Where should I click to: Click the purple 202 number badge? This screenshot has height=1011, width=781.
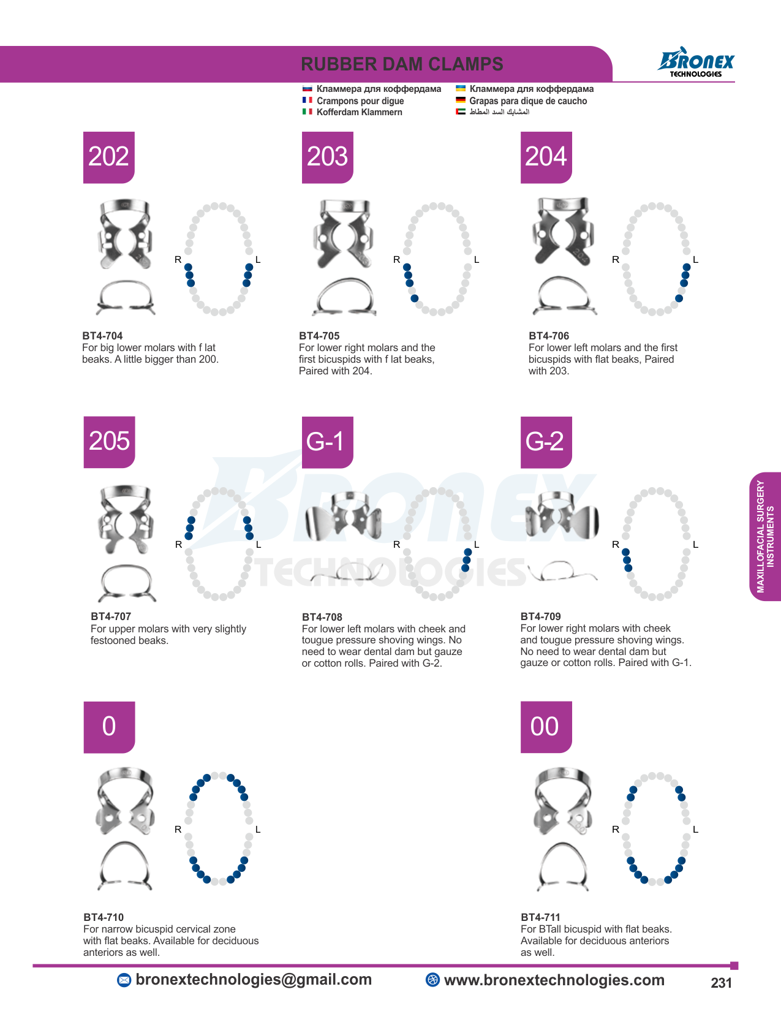pos(109,157)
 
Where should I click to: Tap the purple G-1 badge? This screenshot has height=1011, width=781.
pos(328,442)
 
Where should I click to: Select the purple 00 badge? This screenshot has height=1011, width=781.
pos(546,727)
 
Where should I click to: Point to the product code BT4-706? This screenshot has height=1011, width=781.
pos(549,335)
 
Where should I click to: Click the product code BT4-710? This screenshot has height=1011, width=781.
pos(104,917)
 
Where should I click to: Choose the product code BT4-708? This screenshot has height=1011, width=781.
pos(322,617)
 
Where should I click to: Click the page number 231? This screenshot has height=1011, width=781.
pos(721,983)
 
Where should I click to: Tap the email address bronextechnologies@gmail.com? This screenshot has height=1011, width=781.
pos(254,979)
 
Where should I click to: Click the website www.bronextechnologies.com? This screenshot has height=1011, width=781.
pos(554,980)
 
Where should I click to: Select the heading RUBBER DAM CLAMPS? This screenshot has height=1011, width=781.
pos(402,64)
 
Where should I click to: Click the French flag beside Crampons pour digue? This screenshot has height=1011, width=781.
pos(307,100)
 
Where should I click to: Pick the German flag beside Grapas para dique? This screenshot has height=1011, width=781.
pos(461,100)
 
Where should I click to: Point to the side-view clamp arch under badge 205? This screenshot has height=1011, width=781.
pos(127,583)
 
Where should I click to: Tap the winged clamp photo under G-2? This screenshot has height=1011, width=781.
pos(562,515)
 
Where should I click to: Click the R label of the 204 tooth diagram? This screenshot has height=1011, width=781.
pos(616,260)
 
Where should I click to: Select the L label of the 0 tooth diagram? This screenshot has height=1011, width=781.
pos(258,830)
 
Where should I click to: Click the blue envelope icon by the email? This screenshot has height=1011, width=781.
pos(124,980)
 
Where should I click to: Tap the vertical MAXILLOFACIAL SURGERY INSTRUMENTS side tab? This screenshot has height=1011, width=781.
pos(765,536)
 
